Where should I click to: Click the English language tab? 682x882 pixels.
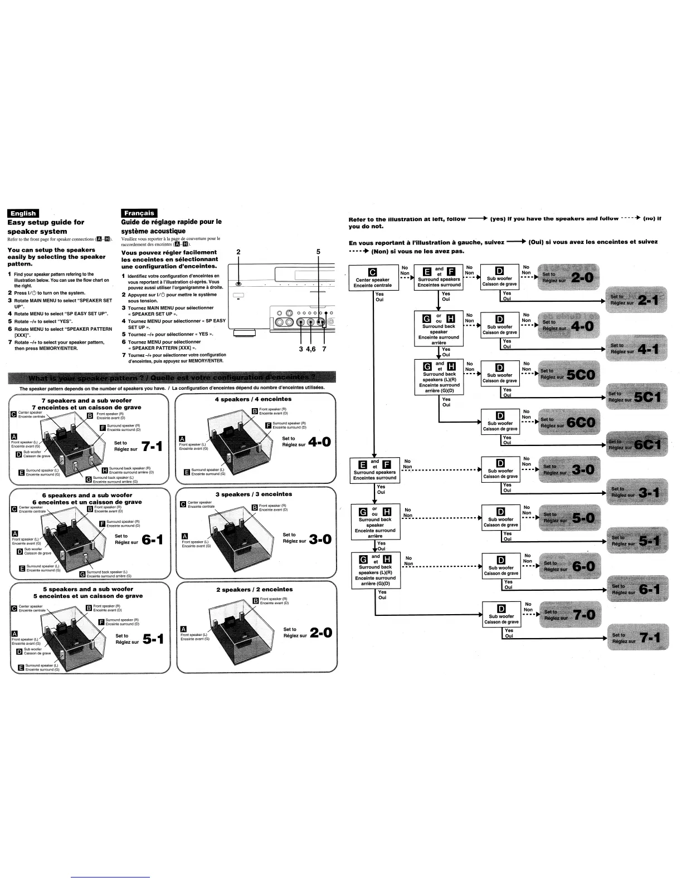point(23,213)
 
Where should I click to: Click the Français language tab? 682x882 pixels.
point(139,213)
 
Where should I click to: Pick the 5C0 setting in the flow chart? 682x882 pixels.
point(567,374)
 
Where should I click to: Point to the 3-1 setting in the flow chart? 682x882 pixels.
point(636,492)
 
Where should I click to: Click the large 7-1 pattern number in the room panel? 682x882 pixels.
point(152,446)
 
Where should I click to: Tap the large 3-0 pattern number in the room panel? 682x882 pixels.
point(320,538)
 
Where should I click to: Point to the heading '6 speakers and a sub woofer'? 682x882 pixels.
point(87,495)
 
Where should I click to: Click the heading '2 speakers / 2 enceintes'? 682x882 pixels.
point(254,589)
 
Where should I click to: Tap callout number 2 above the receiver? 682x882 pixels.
point(238,252)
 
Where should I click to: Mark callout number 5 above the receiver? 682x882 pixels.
point(318,252)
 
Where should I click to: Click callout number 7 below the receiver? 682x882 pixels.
point(324,349)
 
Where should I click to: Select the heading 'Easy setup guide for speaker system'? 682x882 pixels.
point(46,227)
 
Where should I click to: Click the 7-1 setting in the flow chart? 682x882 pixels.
point(636,638)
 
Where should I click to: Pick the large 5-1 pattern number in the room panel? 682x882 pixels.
point(153,639)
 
